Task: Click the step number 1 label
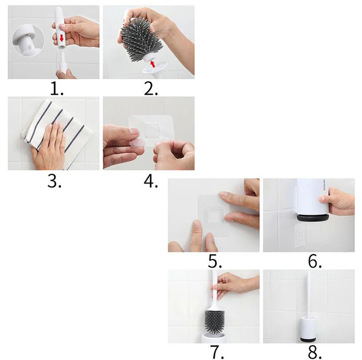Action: (57, 89)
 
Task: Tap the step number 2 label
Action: (151, 89)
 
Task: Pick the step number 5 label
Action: (215, 261)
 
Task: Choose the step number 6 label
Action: (315, 261)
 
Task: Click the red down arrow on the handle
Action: (62, 38)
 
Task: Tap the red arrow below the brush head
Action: (152, 64)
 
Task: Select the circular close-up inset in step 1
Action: (29, 41)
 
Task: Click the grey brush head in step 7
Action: (215, 322)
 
